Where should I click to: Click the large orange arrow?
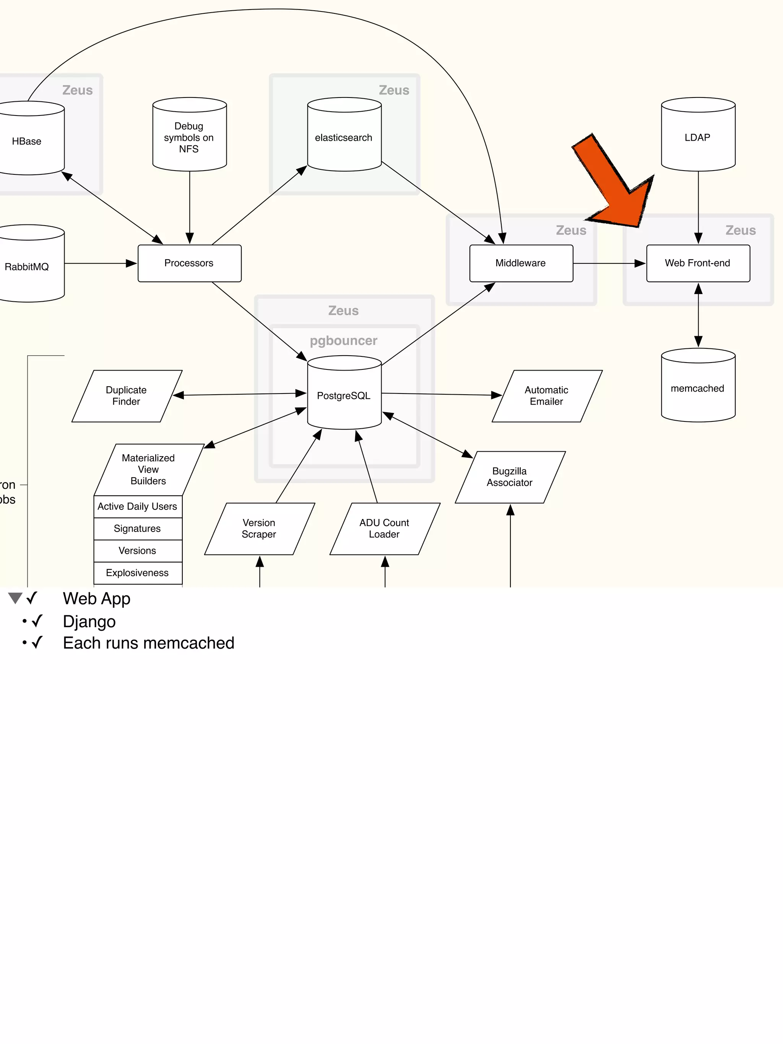point(614,182)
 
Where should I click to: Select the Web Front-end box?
point(698,263)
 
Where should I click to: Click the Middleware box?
point(521,263)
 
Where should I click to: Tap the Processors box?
point(189,263)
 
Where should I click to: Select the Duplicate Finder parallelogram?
point(127,396)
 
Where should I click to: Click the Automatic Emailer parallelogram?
point(547,396)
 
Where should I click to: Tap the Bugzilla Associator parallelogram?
point(510,477)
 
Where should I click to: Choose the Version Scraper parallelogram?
point(259,529)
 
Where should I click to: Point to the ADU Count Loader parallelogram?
point(385,529)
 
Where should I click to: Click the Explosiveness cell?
point(137,573)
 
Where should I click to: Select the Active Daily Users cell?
point(137,506)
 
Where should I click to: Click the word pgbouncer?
point(344,341)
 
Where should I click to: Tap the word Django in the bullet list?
point(89,621)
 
